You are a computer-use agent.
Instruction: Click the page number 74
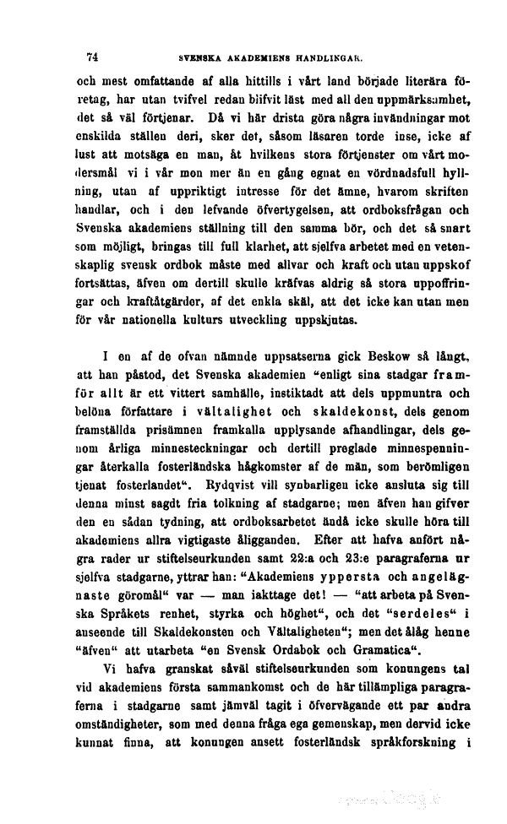pyautogui.click(x=94, y=59)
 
